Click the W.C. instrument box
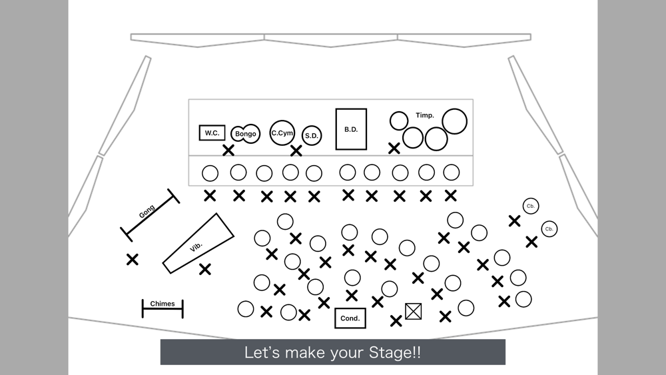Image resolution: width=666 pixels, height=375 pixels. coord(212,133)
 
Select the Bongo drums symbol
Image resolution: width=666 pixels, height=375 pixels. coord(246,133)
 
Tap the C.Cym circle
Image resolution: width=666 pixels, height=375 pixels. coord(282,133)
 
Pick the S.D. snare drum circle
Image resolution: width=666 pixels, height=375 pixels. coord(312,135)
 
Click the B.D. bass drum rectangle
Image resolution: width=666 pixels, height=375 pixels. coord(351,129)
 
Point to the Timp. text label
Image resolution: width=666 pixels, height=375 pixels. coord(425,115)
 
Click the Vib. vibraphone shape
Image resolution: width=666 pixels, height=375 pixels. coord(198,243)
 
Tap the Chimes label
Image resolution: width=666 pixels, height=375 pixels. coord(163,304)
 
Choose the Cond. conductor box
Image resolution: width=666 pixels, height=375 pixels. coord(350,318)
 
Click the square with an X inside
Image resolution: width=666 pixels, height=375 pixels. coord(414,311)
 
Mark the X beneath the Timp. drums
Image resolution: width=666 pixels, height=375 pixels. coord(394,148)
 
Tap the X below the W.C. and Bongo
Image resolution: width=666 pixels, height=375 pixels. coord(228,150)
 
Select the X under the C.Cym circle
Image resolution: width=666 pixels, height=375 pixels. coord(296,151)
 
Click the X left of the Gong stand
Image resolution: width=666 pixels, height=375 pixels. coord(133,259)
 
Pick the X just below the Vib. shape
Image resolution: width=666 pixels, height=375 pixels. coord(205,269)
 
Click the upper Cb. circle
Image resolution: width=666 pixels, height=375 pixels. coord(531,206)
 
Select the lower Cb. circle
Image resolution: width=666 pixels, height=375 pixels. coord(549,229)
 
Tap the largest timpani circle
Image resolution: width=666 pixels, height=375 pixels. coord(454,121)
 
